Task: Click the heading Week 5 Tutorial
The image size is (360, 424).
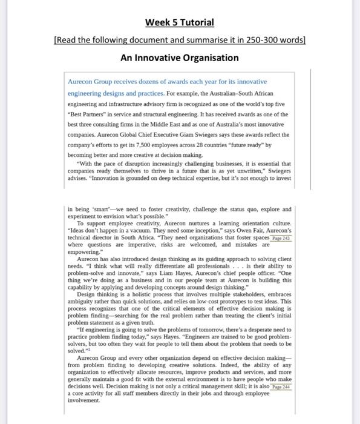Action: point(180,22)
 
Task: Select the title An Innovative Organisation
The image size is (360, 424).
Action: point(180,58)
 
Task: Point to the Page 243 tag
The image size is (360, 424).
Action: point(279,239)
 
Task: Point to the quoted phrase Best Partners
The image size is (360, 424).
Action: point(89,114)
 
